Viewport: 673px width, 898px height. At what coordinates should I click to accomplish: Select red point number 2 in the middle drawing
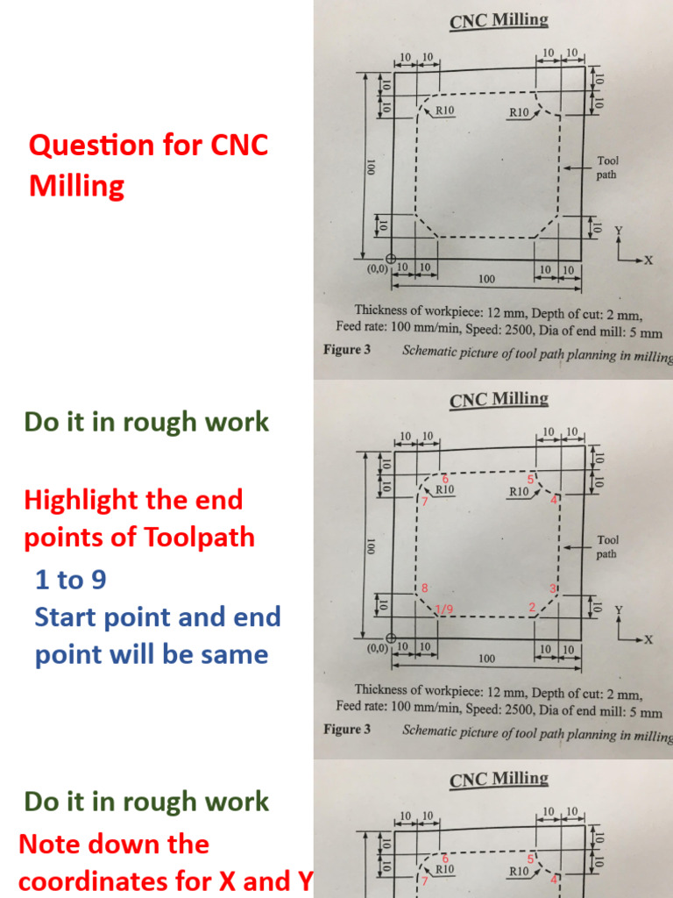pos(531,607)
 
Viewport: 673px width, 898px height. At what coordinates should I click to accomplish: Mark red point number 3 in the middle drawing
pos(552,587)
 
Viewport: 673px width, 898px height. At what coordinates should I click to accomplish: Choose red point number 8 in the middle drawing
pos(424,587)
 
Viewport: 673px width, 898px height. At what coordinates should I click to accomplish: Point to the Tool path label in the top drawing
pos(606,167)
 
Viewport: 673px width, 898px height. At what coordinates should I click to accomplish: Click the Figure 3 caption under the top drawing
pos(347,350)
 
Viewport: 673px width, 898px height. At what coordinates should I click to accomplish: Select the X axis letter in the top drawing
pos(649,260)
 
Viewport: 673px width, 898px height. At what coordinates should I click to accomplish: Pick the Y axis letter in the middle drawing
pos(619,609)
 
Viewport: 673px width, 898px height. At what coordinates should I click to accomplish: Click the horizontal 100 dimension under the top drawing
pos(487,280)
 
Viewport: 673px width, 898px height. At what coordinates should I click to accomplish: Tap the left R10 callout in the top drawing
pos(444,111)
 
